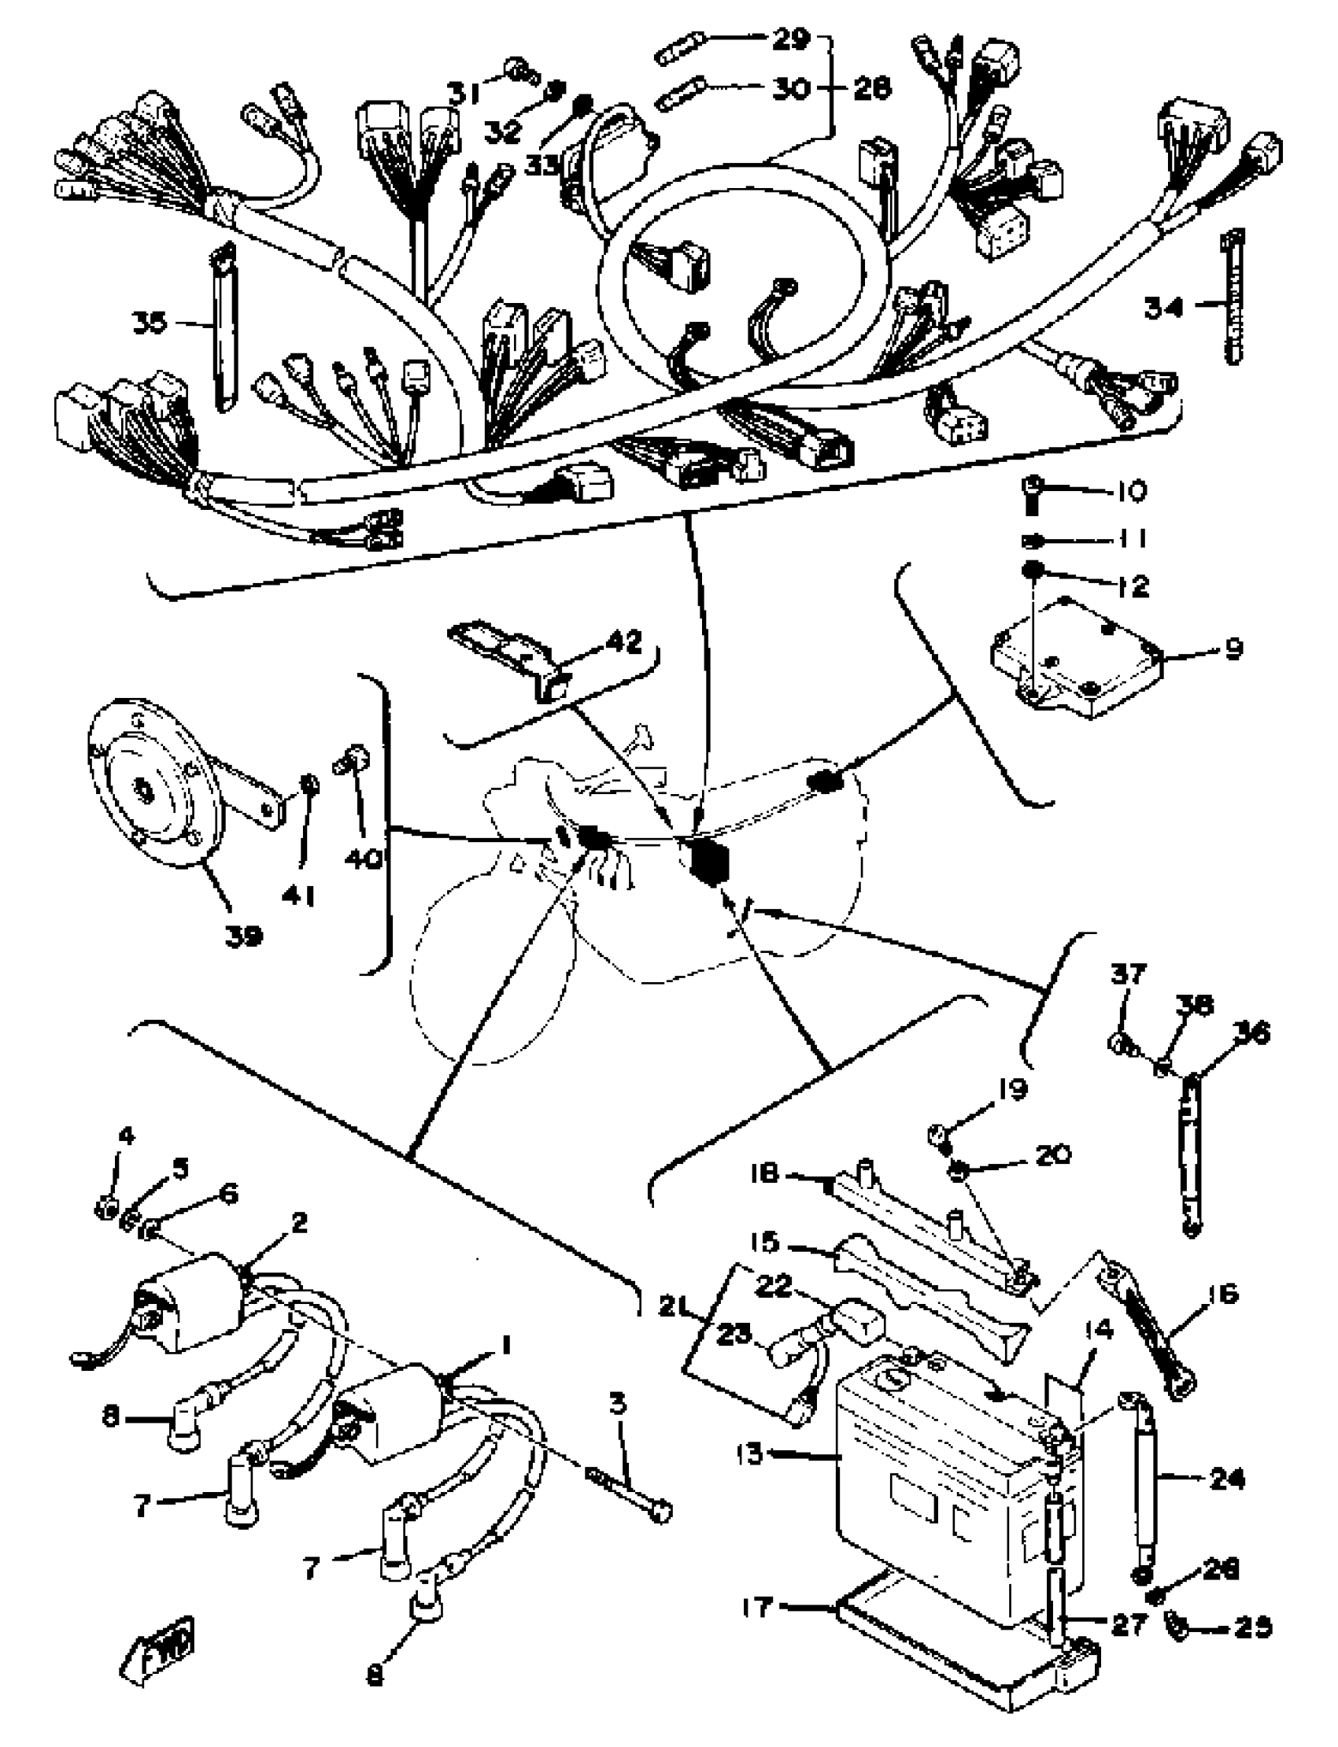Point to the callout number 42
pyautogui.click(x=623, y=642)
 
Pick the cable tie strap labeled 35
pyautogui.click(x=224, y=327)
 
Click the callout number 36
pyautogui.click(x=1251, y=1033)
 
